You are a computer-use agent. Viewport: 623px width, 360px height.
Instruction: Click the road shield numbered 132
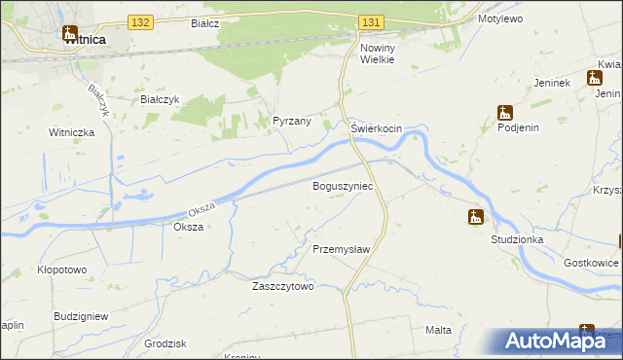[x=140, y=21]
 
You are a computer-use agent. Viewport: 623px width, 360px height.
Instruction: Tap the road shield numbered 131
[x=370, y=21]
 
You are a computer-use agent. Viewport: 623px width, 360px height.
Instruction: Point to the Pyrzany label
[x=291, y=122]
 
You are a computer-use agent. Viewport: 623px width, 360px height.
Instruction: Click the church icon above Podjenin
[x=504, y=112]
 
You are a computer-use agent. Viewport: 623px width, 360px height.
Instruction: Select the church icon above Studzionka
[x=475, y=217]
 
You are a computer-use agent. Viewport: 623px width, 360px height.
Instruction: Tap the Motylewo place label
[x=501, y=18]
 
